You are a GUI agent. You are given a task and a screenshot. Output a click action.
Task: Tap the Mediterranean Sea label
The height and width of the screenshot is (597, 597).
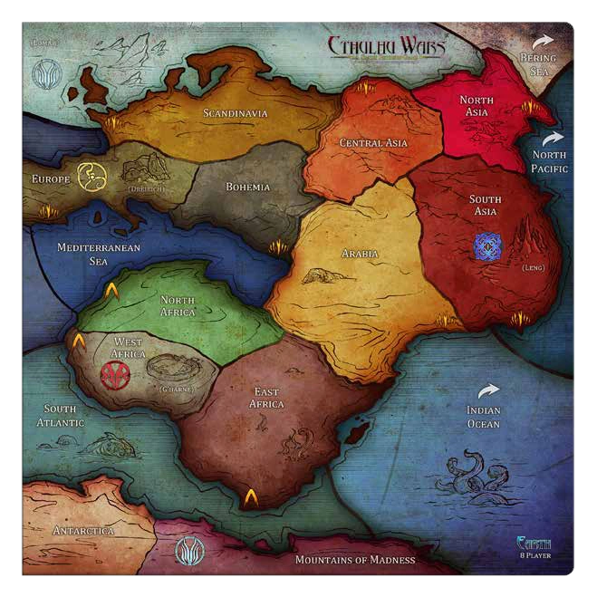click(x=88, y=253)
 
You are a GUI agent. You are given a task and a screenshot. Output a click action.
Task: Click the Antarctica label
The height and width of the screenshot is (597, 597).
click(x=84, y=530)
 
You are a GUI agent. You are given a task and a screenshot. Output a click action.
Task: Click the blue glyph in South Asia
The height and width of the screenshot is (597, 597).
click(x=486, y=244)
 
